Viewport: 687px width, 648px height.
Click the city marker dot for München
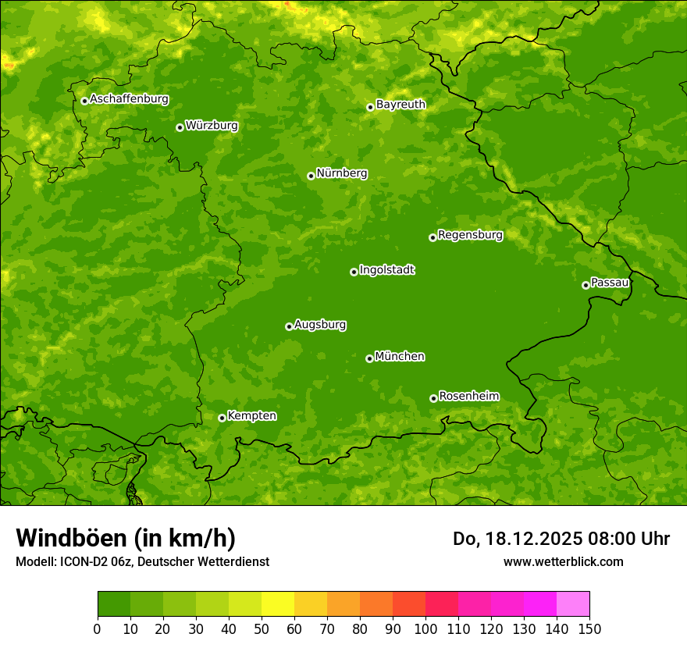pos(369,358)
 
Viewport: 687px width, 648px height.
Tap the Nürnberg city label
pos(341,173)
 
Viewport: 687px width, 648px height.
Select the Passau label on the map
pos(610,283)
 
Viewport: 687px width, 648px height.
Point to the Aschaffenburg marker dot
pos(84,101)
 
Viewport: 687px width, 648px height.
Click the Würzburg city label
pos(212,126)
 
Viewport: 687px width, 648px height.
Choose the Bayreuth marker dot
pos(370,107)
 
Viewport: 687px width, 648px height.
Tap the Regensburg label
pos(470,235)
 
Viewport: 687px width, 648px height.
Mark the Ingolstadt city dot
pos(354,272)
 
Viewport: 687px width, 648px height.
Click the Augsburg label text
pos(320,325)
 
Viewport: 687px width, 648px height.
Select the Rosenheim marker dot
pos(433,398)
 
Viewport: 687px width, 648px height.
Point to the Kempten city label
pos(251,416)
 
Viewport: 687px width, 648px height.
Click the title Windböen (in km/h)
pos(126,538)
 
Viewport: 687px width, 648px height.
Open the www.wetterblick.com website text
pos(563,561)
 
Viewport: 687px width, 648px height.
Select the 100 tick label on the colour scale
pos(425,628)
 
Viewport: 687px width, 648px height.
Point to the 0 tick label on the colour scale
pos(98,628)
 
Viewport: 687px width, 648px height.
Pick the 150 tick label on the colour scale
pos(589,628)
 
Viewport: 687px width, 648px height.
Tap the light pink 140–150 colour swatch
pos(573,604)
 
